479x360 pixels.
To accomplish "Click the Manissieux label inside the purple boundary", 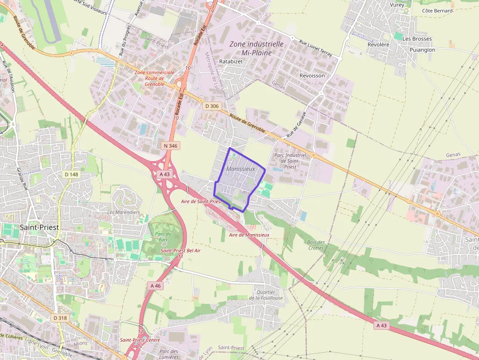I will [x=241, y=169].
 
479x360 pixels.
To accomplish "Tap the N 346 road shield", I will [x=171, y=146].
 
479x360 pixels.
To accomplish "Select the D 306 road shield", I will [x=212, y=106].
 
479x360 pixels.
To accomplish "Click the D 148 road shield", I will [x=71, y=174].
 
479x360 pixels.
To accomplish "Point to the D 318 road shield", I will [x=60, y=318].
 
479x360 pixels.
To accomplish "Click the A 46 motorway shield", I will [x=155, y=286].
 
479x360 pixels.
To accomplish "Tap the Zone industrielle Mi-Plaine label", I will [x=257, y=48].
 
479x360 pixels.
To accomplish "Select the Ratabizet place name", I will [x=231, y=62].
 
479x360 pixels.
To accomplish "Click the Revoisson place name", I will [x=312, y=76].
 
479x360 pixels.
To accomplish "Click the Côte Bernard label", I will [x=437, y=10].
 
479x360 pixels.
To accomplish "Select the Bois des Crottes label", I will [x=316, y=245].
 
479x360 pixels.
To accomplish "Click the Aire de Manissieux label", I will [x=249, y=234].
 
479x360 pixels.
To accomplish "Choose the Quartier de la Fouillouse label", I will [x=266, y=295].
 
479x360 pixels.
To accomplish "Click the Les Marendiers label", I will [x=123, y=212].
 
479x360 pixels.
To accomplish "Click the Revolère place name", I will [x=378, y=44].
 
